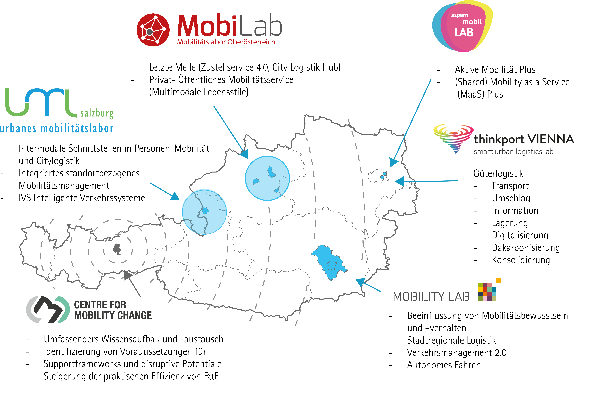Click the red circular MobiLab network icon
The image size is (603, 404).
pyautogui.click(x=153, y=30)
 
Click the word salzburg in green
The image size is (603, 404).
pyautogui.click(x=97, y=113)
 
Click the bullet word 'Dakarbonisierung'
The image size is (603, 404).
pyautogui.click(x=526, y=248)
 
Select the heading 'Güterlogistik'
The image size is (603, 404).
pyautogui.click(x=498, y=173)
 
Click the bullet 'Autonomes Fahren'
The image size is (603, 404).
pyautogui.click(x=444, y=365)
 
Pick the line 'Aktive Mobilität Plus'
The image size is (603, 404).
pyautogui.click(x=495, y=70)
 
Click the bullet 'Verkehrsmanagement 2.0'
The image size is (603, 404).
pyautogui.click(x=457, y=353)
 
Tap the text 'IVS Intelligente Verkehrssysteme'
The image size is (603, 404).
pyautogui.click(x=82, y=198)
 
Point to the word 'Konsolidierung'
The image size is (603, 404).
pyautogui.click(x=521, y=260)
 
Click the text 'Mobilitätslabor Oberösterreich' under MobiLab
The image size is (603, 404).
pyautogui.click(x=226, y=42)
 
